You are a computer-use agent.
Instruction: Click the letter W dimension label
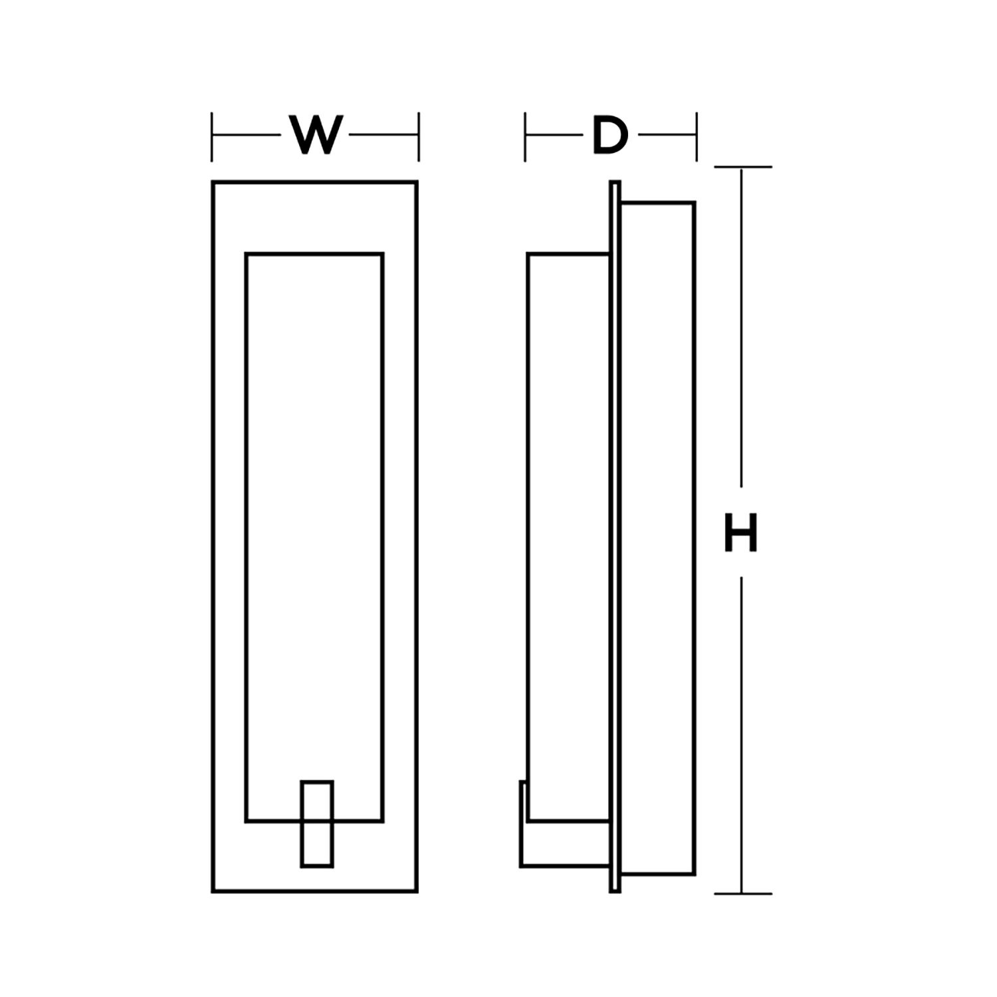pyautogui.click(x=316, y=136)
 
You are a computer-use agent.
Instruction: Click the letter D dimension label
pyautogui.click(x=609, y=136)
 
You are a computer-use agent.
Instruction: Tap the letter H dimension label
pyautogui.click(x=740, y=533)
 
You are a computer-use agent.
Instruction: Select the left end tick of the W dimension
pyautogui.click(x=212, y=136)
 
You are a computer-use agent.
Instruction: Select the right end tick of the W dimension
pyautogui.click(x=419, y=136)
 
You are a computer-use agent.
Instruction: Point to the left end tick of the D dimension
pyautogui.click(x=525, y=136)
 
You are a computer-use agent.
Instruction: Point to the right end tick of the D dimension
pyautogui.click(x=697, y=136)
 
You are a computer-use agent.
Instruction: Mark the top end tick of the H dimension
pyautogui.click(x=742, y=167)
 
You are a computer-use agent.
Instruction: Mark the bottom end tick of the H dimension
pyautogui.click(x=742, y=893)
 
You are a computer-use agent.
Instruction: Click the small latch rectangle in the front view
pyautogui.click(x=317, y=824)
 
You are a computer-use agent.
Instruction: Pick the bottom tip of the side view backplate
pyautogui.click(x=615, y=891)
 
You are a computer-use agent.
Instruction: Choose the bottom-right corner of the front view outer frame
pyautogui.click(x=417, y=891)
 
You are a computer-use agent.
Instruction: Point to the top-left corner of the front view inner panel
pyautogui.click(x=247, y=254)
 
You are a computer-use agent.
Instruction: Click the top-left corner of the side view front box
pyautogui.click(x=528, y=254)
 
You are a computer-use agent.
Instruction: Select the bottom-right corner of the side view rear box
pyautogui.click(x=695, y=873)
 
